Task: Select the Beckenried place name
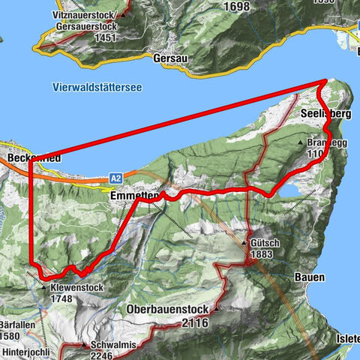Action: pos(26,160)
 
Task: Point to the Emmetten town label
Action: pos(133,196)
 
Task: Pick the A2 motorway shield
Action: pos(115,178)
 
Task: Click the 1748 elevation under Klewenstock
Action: pos(63,298)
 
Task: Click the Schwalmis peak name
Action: pos(110,346)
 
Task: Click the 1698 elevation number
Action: pos(235,6)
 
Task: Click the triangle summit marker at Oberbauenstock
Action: pos(216,309)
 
